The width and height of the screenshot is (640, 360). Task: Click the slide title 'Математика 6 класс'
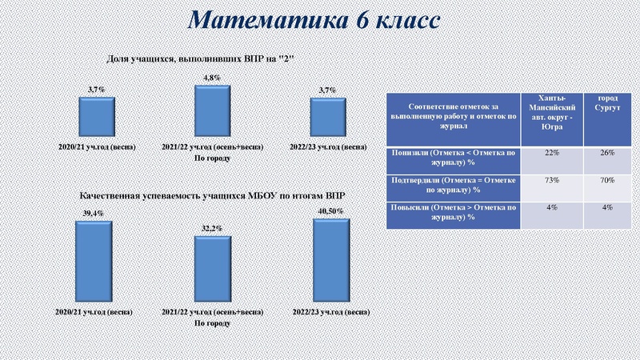[314, 21]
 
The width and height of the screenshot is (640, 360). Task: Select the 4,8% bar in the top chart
[213, 110]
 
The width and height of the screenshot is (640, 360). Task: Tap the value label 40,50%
[330, 211]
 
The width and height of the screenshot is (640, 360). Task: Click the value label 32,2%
[213, 229]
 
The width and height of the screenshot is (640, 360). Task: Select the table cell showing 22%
[551, 154]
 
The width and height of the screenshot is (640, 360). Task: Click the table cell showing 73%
[551, 181]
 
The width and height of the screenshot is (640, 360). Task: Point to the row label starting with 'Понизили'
[454, 156]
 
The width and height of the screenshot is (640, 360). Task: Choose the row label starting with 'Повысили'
[454, 214]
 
